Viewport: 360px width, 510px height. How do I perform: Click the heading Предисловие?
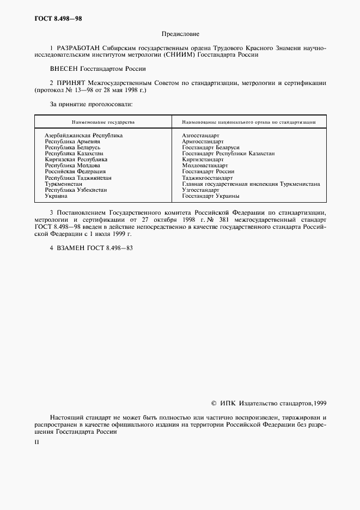(180, 34)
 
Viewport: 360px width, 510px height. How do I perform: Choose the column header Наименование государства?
(103, 123)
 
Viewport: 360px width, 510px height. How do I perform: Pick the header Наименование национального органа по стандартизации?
(249, 123)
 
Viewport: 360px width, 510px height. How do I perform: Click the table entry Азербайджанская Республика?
(83, 135)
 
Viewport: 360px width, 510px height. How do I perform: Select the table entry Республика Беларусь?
(72, 147)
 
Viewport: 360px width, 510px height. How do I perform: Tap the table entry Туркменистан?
(63, 184)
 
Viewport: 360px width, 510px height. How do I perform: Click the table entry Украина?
(56, 196)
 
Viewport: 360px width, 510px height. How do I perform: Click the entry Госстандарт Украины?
(211, 196)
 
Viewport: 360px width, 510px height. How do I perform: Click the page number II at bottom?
(36, 442)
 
